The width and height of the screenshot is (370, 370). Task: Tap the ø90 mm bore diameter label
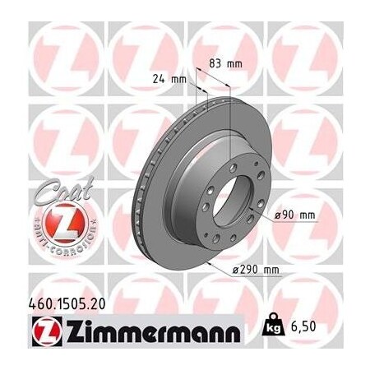296,215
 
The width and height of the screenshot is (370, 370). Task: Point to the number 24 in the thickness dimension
161,80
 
